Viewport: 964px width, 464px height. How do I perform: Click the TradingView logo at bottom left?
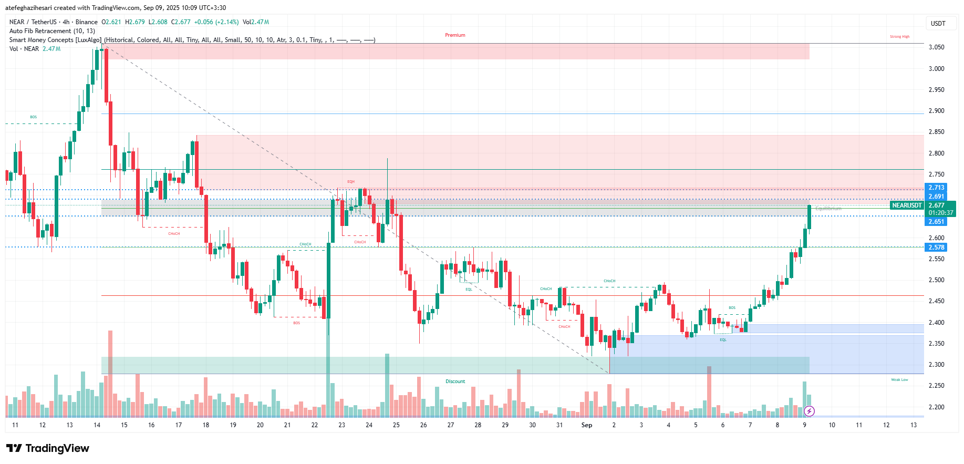click(x=48, y=448)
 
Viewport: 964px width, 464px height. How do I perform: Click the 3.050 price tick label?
click(x=936, y=47)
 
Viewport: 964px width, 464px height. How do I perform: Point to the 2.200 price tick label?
click(x=936, y=407)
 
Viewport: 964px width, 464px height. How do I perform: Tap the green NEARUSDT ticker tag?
click(x=907, y=205)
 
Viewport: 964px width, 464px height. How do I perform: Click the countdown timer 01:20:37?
click(x=940, y=213)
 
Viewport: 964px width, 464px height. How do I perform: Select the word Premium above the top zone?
click(x=455, y=35)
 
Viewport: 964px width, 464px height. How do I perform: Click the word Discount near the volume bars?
click(x=455, y=381)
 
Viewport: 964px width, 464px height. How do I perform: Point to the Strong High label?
click(x=899, y=37)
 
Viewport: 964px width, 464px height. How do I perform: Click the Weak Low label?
click(x=899, y=379)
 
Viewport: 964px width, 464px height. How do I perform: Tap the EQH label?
click(x=351, y=182)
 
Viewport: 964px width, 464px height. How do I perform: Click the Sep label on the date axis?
click(x=586, y=425)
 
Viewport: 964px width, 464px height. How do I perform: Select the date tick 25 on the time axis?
click(x=396, y=425)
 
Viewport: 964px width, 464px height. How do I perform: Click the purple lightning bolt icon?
click(x=809, y=411)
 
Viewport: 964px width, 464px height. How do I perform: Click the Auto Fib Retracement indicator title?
click(x=52, y=31)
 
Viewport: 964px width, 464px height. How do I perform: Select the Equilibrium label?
click(x=828, y=209)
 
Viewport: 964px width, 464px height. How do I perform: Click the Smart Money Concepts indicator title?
click(x=55, y=40)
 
